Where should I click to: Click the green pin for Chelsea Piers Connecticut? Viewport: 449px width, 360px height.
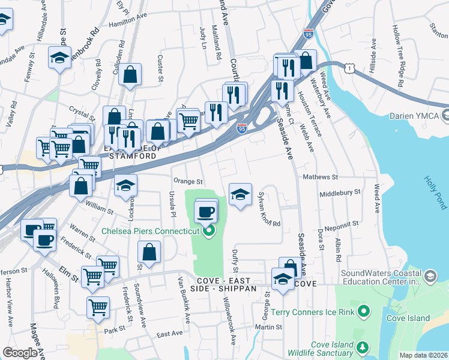[209, 231]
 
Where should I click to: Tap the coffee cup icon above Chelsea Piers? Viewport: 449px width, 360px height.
[206, 212]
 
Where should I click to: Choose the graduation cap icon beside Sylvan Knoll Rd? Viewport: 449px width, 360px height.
[240, 194]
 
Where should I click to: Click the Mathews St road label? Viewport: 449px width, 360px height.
[321, 177]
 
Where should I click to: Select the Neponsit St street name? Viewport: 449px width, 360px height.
[343, 223]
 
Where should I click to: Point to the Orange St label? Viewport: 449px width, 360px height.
[188, 181]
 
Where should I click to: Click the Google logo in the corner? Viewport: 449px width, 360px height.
[20, 353]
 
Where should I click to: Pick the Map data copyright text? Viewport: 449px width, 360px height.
[423, 355]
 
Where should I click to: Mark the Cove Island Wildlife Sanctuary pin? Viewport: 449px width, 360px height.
[362, 347]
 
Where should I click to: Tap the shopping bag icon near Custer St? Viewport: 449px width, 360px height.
[130, 75]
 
